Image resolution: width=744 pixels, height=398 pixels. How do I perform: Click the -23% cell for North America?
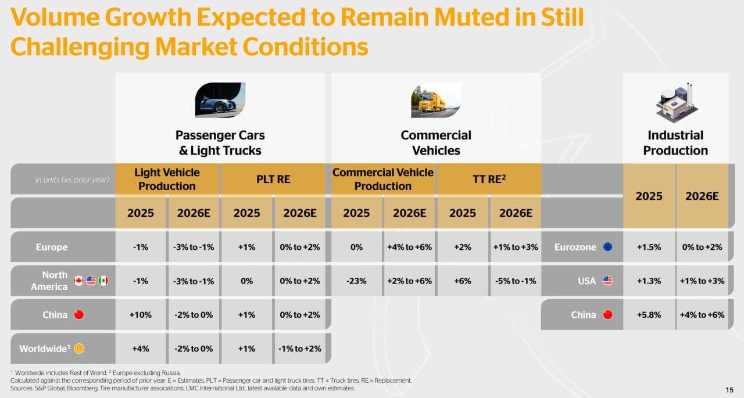click(x=356, y=281)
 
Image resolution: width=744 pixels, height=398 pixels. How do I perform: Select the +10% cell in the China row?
click(x=141, y=315)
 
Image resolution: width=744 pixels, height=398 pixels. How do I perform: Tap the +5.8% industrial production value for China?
click(x=649, y=315)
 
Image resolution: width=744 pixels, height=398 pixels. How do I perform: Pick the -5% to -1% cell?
click(x=515, y=281)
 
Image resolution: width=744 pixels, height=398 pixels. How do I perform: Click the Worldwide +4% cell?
click(x=141, y=349)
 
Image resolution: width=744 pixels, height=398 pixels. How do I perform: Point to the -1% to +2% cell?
click(x=300, y=349)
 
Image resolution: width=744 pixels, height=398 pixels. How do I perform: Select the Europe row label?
click(x=52, y=247)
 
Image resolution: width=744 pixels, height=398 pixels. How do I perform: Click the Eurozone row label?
click(x=575, y=247)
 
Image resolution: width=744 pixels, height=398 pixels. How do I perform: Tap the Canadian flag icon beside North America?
click(x=78, y=281)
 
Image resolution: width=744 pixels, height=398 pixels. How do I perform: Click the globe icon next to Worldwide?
click(x=79, y=349)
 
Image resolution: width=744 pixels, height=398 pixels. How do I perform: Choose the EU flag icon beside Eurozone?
click(x=608, y=247)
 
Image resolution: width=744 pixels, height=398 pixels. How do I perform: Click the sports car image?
click(x=220, y=100)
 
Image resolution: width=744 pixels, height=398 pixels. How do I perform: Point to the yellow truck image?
click(x=435, y=100)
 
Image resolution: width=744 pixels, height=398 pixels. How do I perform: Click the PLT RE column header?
click(x=273, y=180)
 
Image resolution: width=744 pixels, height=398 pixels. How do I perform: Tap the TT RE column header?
click(x=488, y=180)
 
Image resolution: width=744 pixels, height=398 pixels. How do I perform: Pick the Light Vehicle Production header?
click(x=167, y=180)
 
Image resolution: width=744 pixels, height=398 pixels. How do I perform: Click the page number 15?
click(x=729, y=389)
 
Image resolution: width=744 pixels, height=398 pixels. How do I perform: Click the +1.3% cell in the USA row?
click(x=649, y=281)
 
